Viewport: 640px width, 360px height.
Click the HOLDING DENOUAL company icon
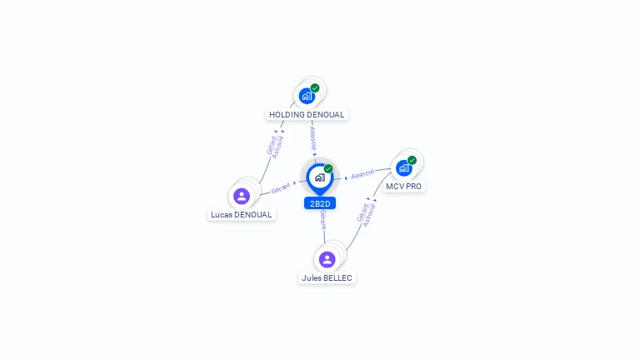click(307, 96)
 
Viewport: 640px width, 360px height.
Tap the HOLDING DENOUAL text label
click(307, 114)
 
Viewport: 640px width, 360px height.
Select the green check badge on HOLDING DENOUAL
click(315, 87)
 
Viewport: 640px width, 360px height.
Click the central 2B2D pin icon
click(319, 177)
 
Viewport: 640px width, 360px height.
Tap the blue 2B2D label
click(320, 203)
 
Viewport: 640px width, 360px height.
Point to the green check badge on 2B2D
click(328, 168)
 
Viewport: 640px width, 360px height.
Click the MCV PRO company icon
click(403, 167)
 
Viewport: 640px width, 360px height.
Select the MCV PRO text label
click(403, 186)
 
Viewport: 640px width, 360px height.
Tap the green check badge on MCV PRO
click(412, 160)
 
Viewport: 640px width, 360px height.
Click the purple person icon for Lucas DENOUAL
click(242, 196)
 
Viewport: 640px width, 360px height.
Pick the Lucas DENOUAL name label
click(242, 214)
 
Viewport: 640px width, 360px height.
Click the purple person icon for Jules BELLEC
click(327, 259)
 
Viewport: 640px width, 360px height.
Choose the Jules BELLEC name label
click(327, 277)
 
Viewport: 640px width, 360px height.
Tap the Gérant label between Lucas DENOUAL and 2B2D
click(281, 188)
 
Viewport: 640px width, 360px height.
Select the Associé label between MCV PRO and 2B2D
click(362, 174)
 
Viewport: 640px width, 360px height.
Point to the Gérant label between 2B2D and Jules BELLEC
click(322, 220)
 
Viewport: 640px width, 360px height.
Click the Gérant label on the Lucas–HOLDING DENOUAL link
click(271, 144)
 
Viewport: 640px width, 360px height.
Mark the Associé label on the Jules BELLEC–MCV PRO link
click(370, 215)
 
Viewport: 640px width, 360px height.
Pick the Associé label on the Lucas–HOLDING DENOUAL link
click(278, 147)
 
